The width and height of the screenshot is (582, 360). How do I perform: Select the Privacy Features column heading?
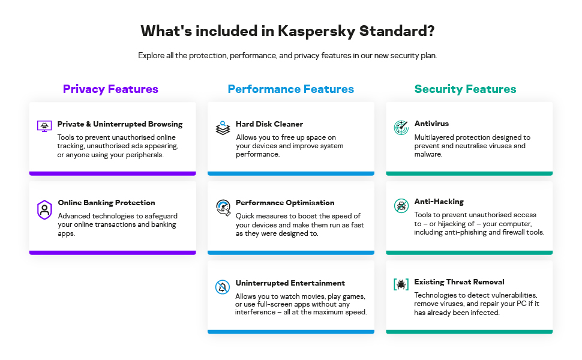110,89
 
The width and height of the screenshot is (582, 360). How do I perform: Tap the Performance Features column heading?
290,89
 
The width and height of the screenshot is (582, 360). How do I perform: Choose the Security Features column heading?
465,89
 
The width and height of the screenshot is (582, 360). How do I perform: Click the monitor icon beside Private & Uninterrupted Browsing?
44,127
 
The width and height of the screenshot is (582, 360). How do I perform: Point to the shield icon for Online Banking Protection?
44,209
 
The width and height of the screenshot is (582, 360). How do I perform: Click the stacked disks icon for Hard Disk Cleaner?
223,128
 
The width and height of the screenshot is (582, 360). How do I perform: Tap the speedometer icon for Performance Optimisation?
223,208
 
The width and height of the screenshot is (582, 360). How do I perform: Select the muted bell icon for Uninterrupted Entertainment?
223,287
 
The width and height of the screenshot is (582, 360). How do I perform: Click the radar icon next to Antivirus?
401,127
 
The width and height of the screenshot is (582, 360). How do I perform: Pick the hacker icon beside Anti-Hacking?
401,206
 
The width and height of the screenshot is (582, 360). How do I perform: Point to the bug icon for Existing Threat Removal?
401,284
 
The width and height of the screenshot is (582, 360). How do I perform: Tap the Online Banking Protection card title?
106,203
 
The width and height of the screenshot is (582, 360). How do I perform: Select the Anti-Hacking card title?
439,202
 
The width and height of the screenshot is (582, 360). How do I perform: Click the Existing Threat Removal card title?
459,282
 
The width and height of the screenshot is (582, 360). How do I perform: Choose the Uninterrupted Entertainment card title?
290,283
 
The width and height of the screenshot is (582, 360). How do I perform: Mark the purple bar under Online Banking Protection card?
112,253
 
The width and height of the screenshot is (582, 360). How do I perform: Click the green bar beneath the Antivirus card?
469,173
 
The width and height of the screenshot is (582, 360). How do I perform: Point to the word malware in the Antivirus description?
428,154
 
